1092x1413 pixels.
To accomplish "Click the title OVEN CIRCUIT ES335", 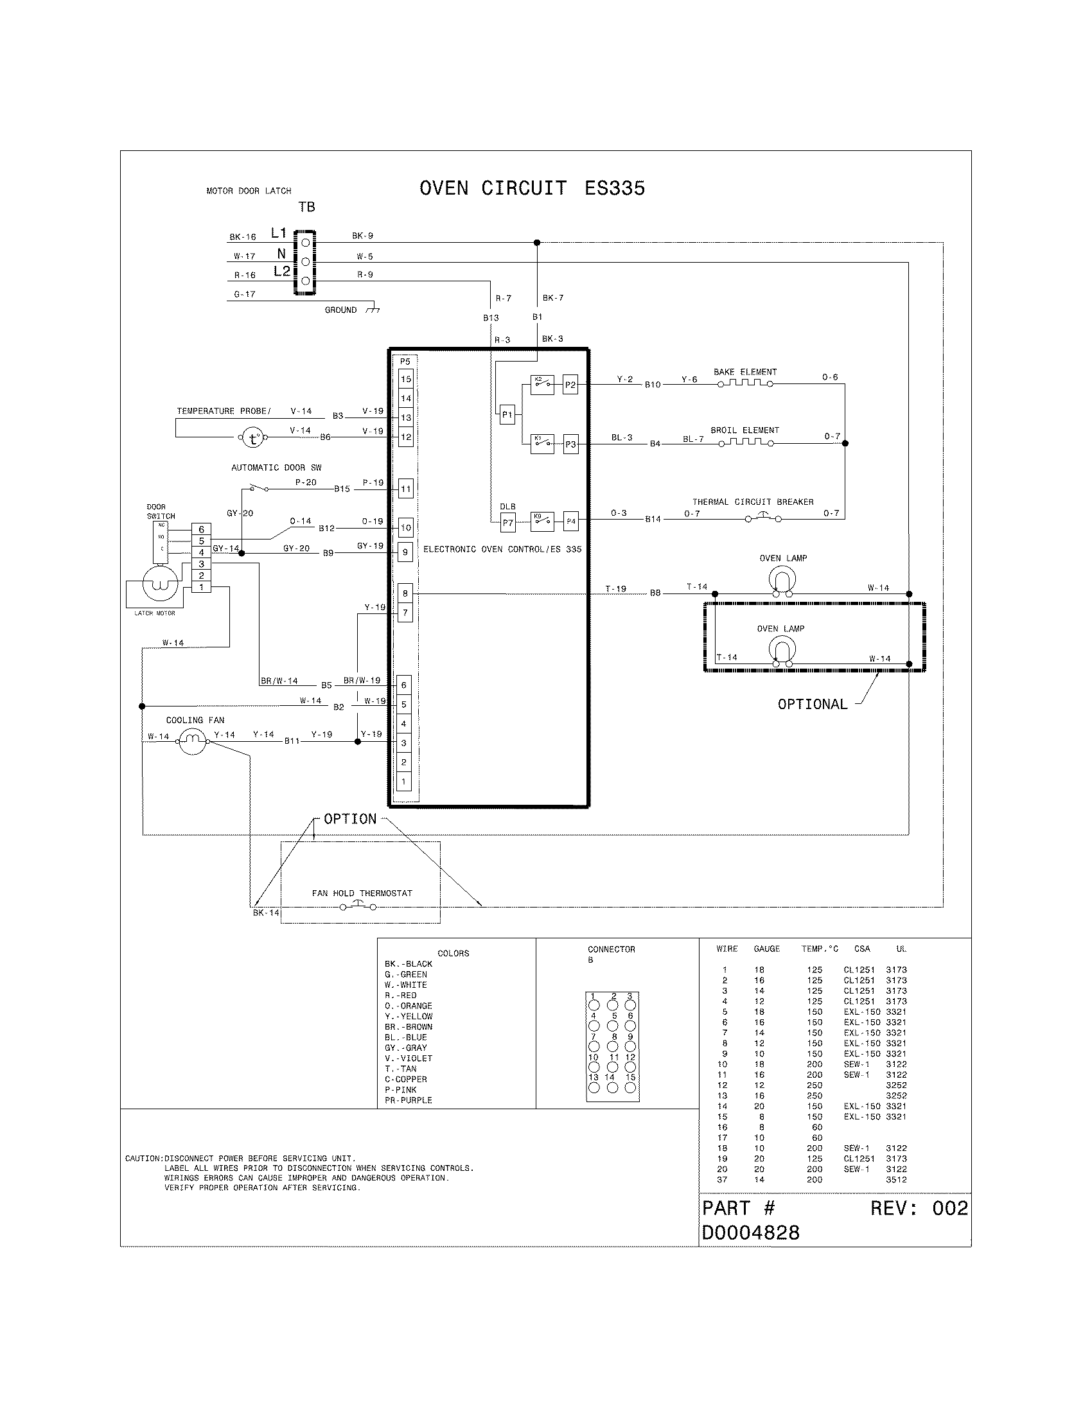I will (532, 188).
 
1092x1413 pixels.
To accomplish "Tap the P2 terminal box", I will (570, 385).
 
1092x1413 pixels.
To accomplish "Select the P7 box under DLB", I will (508, 522).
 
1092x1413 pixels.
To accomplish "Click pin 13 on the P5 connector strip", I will (405, 417).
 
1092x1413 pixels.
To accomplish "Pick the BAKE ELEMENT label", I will (744, 372).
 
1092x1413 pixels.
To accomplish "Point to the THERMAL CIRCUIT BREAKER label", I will (752, 502).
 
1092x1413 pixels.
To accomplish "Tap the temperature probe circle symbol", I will (253, 439).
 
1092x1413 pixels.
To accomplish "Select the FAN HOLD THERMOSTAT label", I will (362, 893).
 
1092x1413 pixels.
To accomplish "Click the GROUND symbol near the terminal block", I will (372, 310).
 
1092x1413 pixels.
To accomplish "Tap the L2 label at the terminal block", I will (281, 272).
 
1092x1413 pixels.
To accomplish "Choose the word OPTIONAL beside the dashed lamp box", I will (812, 704).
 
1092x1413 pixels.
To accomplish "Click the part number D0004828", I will (750, 1233).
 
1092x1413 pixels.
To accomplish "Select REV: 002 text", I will (919, 1208).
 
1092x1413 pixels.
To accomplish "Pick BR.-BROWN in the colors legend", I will (408, 1027).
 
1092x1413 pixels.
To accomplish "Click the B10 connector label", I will (653, 384).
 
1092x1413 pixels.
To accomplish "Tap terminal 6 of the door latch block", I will (201, 529).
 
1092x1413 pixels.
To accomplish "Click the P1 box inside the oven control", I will (507, 415).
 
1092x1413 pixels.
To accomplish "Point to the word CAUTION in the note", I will (143, 1158).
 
